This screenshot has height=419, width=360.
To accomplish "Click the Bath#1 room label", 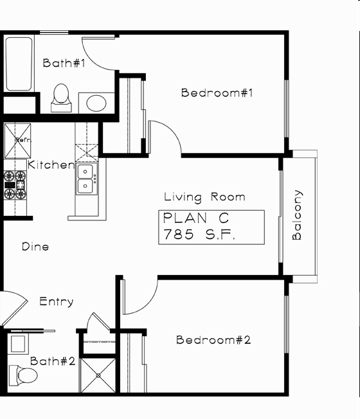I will [x=64, y=63].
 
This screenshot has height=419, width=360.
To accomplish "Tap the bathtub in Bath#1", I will [x=19, y=64].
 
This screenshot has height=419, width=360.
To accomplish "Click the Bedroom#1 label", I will [x=218, y=93].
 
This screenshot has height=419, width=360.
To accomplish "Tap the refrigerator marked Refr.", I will [x=17, y=139].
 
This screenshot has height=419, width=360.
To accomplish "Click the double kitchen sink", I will [x=87, y=179].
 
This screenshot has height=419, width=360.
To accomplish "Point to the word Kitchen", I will [x=51, y=165].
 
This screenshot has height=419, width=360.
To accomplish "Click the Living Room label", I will [x=204, y=197].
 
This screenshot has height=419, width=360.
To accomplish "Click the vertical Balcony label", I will [x=297, y=215].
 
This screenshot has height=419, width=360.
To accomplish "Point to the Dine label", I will [x=35, y=247].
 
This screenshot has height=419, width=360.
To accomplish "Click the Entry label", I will [x=57, y=301].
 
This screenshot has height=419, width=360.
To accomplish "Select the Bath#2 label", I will [x=53, y=361].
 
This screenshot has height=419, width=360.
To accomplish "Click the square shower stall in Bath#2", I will [x=98, y=375].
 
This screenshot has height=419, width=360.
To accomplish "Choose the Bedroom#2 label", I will [x=213, y=340].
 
